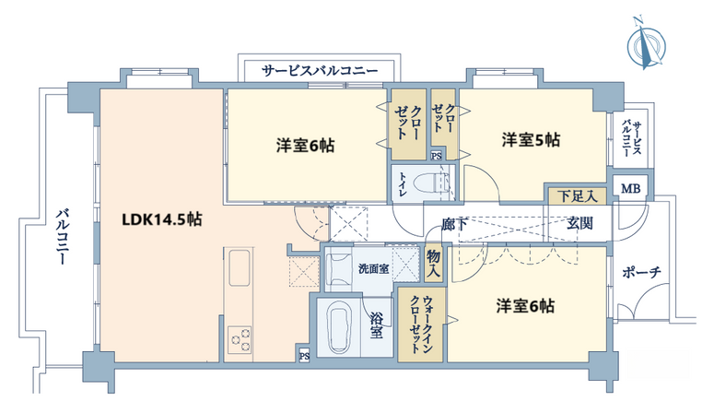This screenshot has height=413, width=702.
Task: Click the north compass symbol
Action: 646,44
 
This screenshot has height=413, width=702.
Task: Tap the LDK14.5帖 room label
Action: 162,219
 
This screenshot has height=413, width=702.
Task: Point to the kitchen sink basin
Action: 240,267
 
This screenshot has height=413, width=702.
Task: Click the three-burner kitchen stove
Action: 240,340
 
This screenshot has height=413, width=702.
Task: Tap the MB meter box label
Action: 630,189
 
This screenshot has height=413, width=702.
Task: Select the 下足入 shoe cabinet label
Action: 578,196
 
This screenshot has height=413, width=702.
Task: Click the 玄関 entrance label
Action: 579,223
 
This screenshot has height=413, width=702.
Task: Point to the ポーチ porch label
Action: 641,272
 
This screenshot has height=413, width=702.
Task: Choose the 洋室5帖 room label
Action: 531,140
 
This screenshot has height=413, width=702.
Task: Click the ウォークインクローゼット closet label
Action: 421,324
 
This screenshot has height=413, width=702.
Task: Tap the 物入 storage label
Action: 433,264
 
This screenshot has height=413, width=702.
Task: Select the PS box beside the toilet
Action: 436,156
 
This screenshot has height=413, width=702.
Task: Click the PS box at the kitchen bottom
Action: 304,356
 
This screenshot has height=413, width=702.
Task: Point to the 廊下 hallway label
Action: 455,224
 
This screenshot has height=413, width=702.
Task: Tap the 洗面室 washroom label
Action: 373,269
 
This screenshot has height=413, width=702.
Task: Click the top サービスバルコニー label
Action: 320,71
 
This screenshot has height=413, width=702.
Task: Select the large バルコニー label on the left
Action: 62,237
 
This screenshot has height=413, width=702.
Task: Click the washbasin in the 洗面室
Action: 338,269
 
